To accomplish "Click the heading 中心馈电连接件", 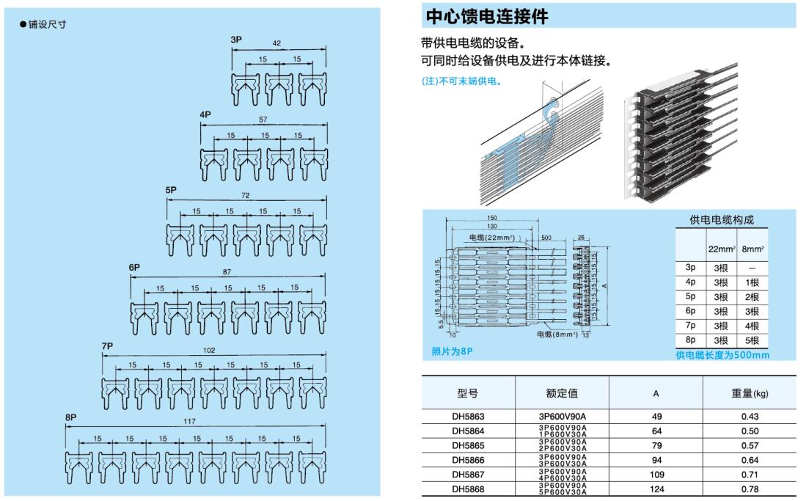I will tap(486, 15).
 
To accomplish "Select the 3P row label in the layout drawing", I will tap(235, 39).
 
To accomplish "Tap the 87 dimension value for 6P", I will tap(227, 272).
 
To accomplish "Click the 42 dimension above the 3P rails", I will tap(277, 44).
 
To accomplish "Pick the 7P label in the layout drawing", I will tap(108, 345).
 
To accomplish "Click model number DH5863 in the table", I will tap(468, 416).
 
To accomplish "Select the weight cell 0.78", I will tap(749, 489).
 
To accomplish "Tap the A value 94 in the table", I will tap(656, 460).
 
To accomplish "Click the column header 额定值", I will tap(563, 393).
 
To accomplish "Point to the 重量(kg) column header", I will tap(749, 393).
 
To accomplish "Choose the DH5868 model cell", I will tap(468, 489).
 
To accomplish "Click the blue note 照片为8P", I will tap(452, 351).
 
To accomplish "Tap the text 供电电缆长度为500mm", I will tap(722, 355).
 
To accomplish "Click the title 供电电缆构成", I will tap(722, 220).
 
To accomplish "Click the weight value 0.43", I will tap(749, 416).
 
